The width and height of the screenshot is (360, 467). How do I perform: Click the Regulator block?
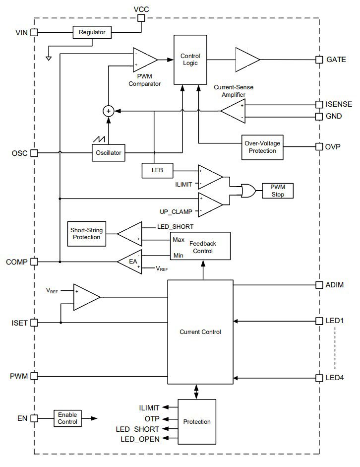(92, 33)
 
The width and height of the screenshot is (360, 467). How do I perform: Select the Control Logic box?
(190, 60)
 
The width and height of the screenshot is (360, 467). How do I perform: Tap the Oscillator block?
(108, 153)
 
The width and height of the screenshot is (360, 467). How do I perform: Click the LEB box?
(158, 170)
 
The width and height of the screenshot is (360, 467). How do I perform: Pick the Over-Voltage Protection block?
(262, 147)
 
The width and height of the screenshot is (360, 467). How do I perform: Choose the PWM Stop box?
(278, 191)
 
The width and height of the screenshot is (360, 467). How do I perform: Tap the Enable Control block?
(67, 418)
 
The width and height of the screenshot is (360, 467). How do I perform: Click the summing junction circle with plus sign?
(108, 111)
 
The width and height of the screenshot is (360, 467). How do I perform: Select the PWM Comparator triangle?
(144, 60)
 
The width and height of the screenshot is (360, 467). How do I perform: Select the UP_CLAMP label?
(177, 211)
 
